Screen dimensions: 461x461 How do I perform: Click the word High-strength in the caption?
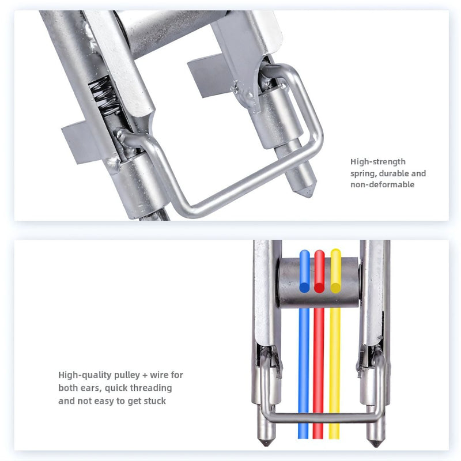(x=377, y=162)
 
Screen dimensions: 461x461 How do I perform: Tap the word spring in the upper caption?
(x=363, y=173)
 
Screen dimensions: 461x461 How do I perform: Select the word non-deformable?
(x=383, y=184)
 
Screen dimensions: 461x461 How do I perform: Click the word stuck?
(x=154, y=400)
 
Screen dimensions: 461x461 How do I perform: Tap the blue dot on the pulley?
(x=304, y=286)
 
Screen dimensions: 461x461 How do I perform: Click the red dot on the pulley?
(x=319, y=286)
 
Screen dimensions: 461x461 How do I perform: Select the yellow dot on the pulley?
(x=335, y=286)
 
